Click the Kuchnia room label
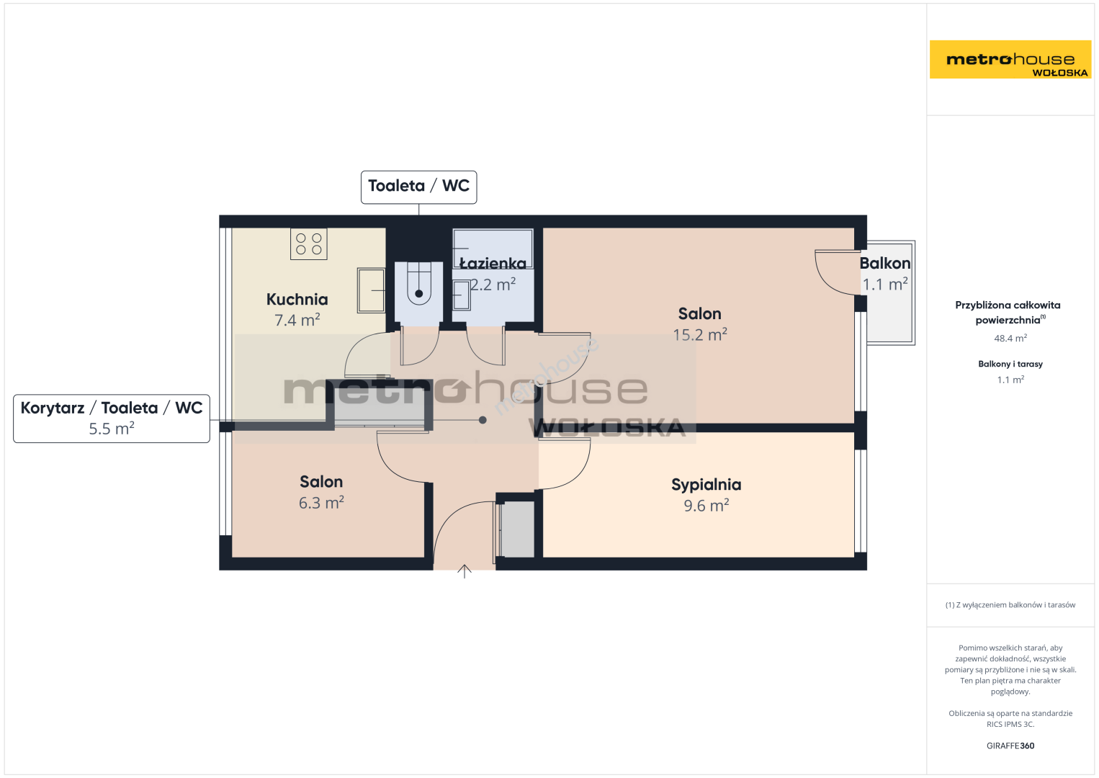tap(297, 300)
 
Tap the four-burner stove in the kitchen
tap(309, 244)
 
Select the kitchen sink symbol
tap(371, 290)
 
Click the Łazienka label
tap(493, 264)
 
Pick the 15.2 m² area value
tap(699, 335)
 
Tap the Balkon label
tap(885, 264)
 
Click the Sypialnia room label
tap(706, 485)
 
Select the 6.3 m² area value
tap(321, 503)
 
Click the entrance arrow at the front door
tap(464, 571)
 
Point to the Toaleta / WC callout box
tap(418, 187)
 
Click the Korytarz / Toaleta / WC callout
tap(112, 419)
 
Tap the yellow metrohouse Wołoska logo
tap(1010, 59)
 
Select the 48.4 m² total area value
tap(1010, 338)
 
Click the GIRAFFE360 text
tap(1010, 746)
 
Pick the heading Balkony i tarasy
tap(1010, 364)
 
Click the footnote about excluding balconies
tap(1010, 604)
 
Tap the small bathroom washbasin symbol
tap(461, 295)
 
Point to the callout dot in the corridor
tap(483, 420)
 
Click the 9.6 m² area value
tap(706, 506)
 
